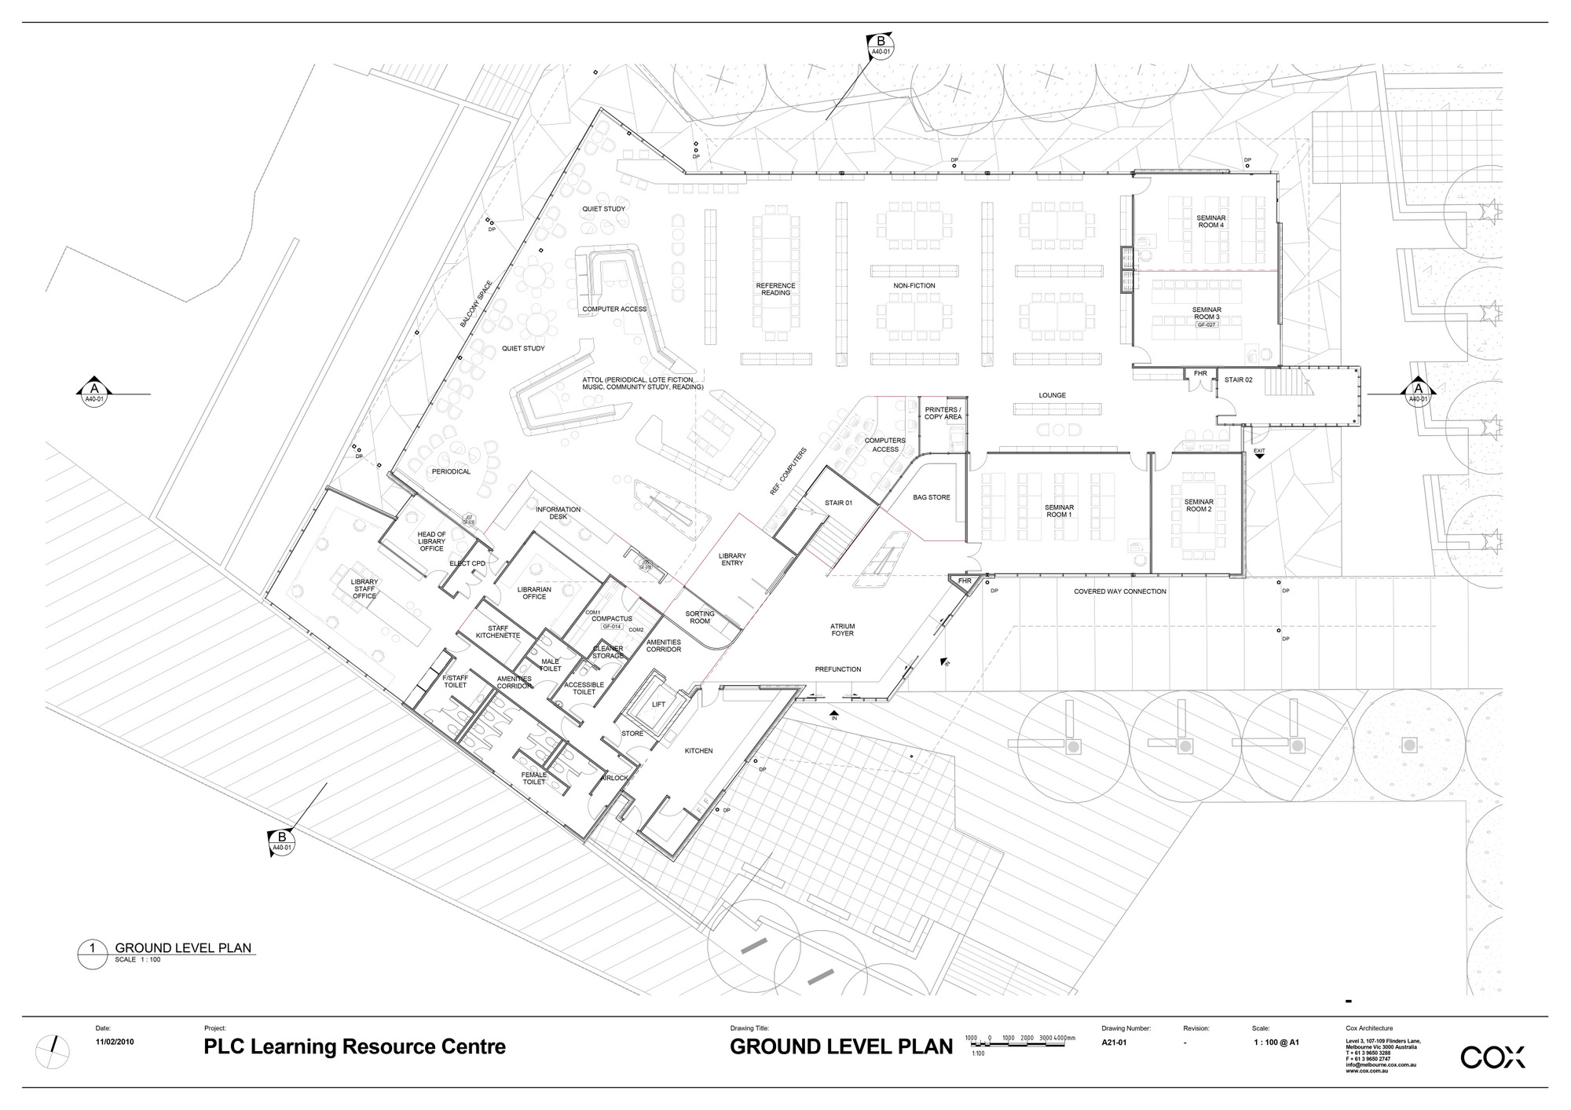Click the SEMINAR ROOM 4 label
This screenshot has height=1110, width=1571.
tap(1210, 222)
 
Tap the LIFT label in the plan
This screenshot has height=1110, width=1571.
tap(658, 705)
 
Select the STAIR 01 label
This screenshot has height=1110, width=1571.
tap(838, 503)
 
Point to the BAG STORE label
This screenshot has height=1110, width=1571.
tap(932, 497)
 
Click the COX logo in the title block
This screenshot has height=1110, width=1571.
tap(1492, 1057)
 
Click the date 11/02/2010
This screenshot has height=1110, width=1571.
tap(115, 1042)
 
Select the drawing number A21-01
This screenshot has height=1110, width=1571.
tap(1114, 1042)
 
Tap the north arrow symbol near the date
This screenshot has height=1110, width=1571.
tap(53, 1046)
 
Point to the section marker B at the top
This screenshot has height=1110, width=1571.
tap(881, 44)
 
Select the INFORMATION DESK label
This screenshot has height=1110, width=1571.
tap(558, 513)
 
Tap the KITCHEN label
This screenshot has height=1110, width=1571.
tap(698, 751)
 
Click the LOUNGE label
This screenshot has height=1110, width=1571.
tap(1052, 395)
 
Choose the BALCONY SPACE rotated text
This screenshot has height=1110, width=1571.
tap(476, 303)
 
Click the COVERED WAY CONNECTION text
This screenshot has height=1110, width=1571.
tap(1119, 592)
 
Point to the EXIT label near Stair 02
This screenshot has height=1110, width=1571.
tap(1259, 451)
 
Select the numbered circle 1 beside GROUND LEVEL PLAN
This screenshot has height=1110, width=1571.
tap(92, 948)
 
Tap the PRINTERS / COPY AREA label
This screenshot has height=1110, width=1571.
tap(942, 413)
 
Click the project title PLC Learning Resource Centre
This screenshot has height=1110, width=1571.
tap(354, 1046)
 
